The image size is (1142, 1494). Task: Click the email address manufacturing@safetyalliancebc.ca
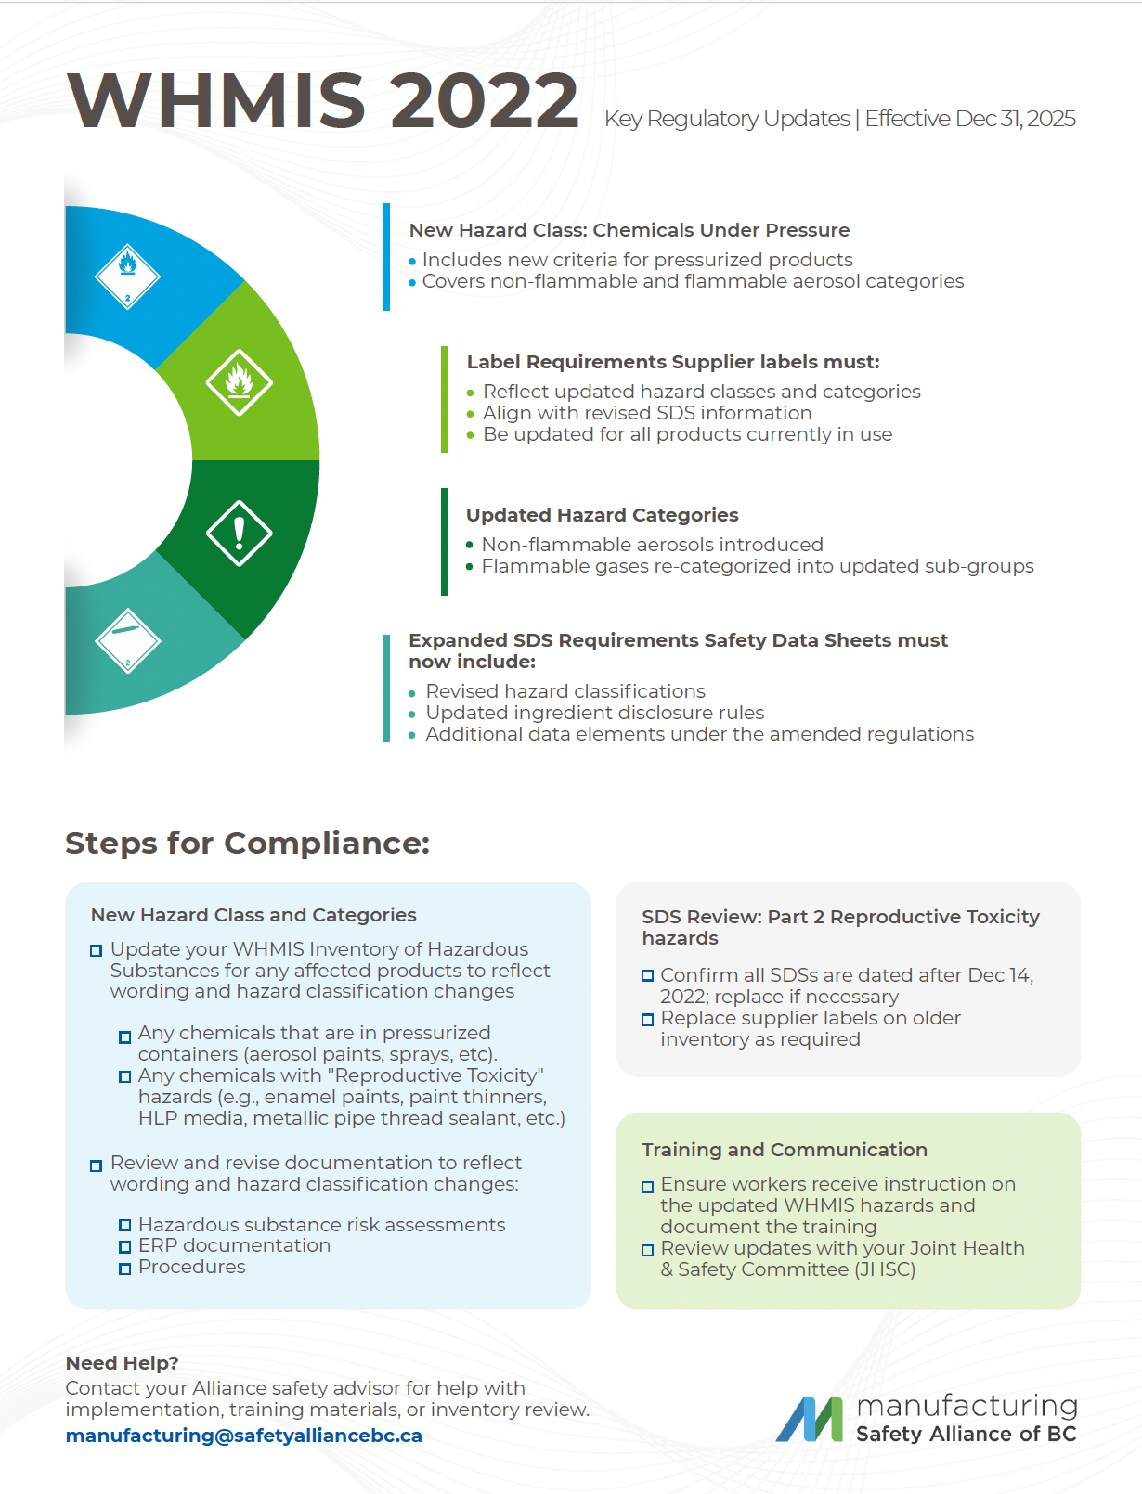pyautogui.click(x=243, y=1436)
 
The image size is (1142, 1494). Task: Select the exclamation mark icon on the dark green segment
pyautogui.click(x=239, y=534)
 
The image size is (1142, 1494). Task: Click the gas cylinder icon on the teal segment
pyautogui.click(x=128, y=640)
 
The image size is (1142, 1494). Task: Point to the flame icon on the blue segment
pyautogui.click(x=128, y=276)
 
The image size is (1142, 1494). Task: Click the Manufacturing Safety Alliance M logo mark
pyautogui.click(x=810, y=1419)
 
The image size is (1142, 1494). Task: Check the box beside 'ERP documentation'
pyautogui.click(x=124, y=1247)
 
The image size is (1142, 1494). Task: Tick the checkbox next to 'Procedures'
pyautogui.click(x=124, y=1269)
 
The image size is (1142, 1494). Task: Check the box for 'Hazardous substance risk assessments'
pyautogui.click(x=124, y=1226)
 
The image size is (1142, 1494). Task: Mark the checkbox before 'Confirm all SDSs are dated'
pyautogui.click(x=647, y=976)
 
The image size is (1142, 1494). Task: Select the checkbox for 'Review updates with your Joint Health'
pyautogui.click(x=647, y=1250)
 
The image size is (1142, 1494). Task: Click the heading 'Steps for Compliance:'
pyautogui.click(x=247, y=843)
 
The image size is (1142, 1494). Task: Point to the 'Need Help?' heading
pyautogui.click(x=122, y=1363)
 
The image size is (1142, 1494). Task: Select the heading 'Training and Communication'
pyautogui.click(x=784, y=1150)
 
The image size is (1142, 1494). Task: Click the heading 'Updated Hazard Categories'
pyautogui.click(x=602, y=515)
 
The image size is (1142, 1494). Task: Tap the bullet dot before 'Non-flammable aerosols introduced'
pyautogui.click(x=470, y=546)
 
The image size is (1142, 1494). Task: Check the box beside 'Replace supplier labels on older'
pyautogui.click(x=647, y=1020)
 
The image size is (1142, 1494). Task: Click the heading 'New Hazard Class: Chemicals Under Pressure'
pyautogui.click(x=629, y=230)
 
